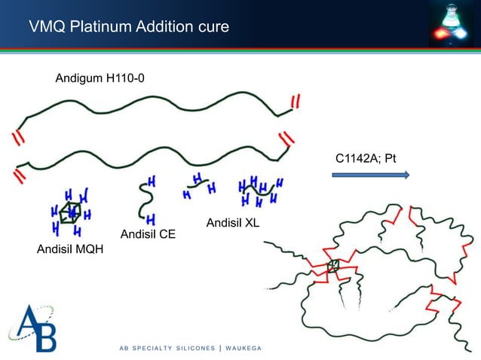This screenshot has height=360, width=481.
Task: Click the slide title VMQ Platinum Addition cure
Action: [128, 29]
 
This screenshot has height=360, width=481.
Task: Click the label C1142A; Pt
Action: [366, 159]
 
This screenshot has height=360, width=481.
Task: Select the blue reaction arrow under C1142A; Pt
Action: [370, 175]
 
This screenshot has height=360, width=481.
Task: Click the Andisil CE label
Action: [148, 234]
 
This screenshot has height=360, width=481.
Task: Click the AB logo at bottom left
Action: [32, 328]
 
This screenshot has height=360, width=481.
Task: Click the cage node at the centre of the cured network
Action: [333, 265]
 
